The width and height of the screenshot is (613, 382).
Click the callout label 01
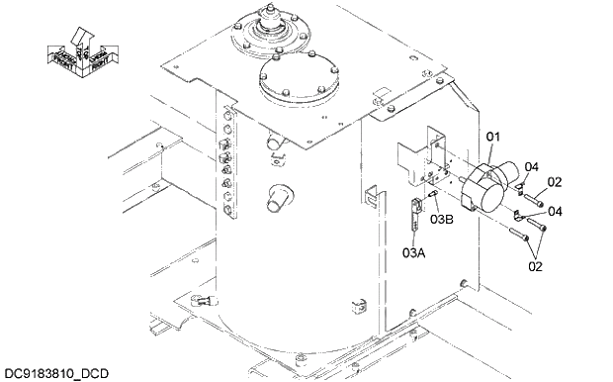point(493,135)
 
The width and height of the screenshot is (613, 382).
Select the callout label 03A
point(414,252)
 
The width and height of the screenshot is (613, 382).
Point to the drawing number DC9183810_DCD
point(56,373)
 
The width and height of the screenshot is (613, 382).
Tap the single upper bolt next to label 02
point(533,201)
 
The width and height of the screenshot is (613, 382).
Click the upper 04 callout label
point(531,167)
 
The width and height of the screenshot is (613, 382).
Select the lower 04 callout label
point(555,211)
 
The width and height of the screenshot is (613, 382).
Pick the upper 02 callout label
point(555,182)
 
